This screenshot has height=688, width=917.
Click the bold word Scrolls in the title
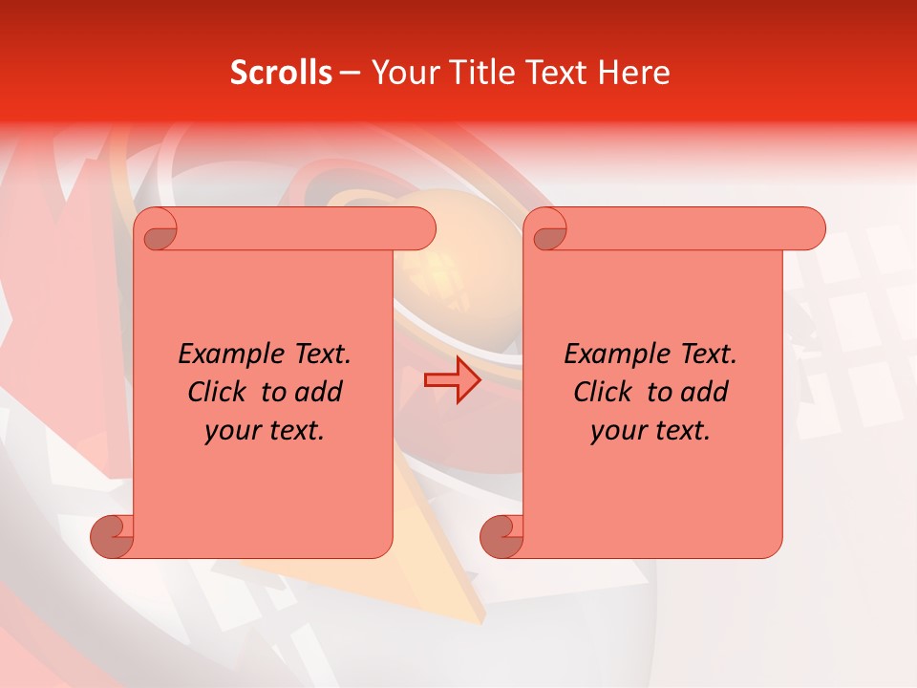281,73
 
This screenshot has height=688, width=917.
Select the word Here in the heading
635,73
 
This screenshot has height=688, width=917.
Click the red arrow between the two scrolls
453,379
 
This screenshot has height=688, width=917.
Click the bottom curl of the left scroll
112,535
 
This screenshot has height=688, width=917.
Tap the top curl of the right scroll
549,229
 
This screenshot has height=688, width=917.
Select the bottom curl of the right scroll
501,535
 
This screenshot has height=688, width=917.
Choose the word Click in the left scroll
218,393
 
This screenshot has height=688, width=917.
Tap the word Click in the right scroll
604,393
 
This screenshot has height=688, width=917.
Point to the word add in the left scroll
319,393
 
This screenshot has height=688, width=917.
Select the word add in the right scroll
705,393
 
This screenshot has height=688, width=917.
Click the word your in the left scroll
229,432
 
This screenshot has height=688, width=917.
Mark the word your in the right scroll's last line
615,432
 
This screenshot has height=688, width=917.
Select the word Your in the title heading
399,73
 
